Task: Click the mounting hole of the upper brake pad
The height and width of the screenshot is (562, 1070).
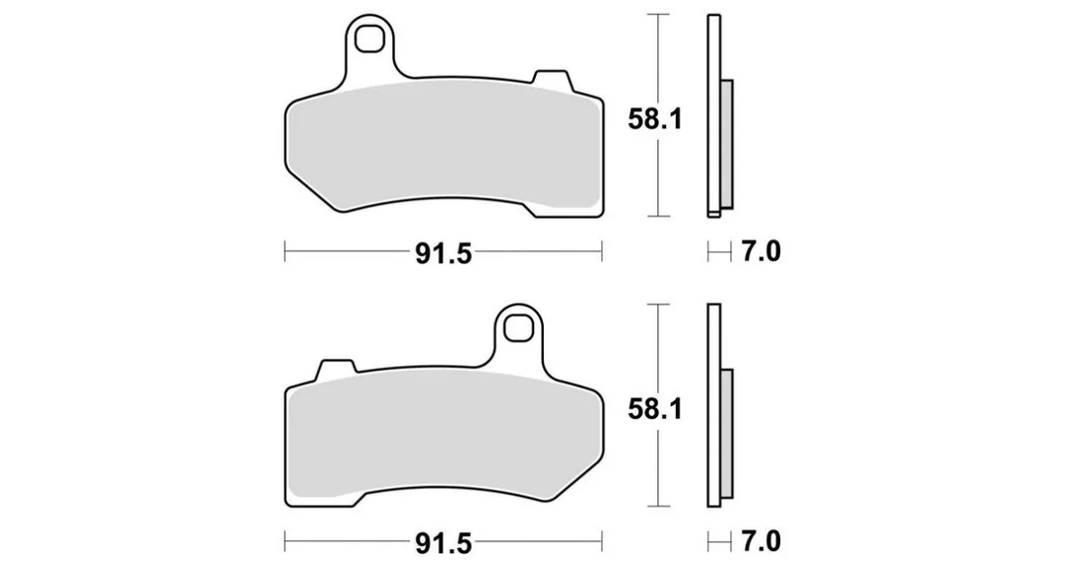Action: click(370, 38)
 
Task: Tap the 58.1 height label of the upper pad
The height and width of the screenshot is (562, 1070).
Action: click(655, 121)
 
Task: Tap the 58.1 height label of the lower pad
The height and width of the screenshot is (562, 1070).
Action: click(655, 410)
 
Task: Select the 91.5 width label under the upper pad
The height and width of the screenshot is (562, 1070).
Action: click(443, 254)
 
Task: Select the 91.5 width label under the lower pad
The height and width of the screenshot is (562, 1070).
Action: click(443, 543)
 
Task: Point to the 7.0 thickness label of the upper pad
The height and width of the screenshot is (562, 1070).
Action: click(761, 252)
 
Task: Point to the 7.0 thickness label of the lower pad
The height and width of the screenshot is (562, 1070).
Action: click(761, 541)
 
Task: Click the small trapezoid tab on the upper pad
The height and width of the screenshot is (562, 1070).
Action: click(553, 79)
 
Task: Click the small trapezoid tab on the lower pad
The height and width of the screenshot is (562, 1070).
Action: click(336, 369)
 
